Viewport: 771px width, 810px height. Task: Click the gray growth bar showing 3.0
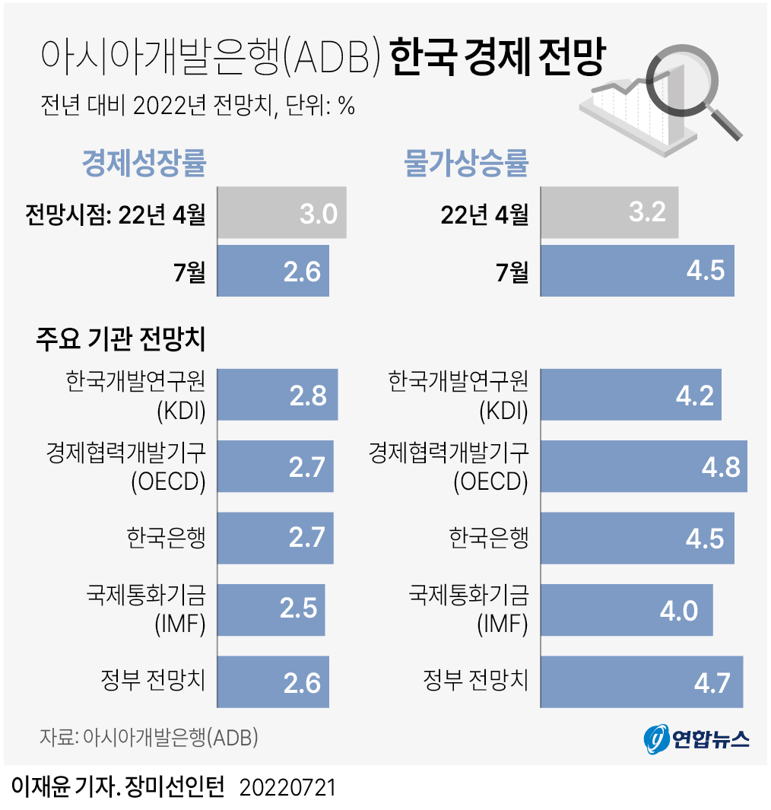point(282,212)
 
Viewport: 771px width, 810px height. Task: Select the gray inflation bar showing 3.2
point(609,212)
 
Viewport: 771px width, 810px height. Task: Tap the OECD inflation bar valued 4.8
point(643,465)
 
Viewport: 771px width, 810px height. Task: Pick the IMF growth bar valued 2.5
point(271,609)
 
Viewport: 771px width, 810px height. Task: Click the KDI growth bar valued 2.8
point(278,394)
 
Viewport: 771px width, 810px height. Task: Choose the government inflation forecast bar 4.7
point(642,681)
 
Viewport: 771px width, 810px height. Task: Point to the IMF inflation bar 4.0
point(627,609)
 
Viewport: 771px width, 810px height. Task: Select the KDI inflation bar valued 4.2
point(631,394)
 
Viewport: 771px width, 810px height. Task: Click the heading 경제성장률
point(144,163)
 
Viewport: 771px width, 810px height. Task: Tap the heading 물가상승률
point(467,163)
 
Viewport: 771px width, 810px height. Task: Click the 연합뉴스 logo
point(696,738)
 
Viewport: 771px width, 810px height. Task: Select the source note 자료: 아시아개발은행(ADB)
point(149,737)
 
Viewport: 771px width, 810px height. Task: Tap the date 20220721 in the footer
point(287,787)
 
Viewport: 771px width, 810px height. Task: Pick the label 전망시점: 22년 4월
point(115,214)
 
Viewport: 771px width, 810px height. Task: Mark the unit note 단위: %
point(321,106)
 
